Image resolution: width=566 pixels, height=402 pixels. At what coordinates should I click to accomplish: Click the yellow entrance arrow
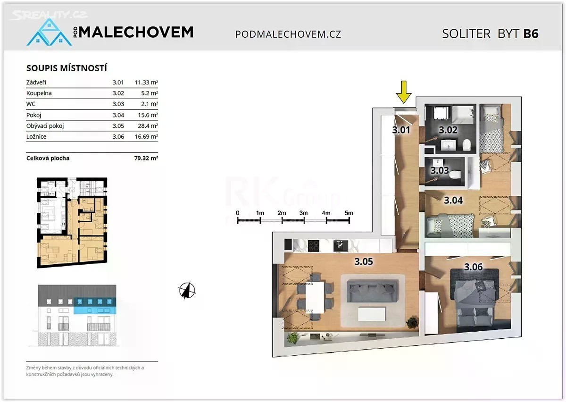tap(404, 92)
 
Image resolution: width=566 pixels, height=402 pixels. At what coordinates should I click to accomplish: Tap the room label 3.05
tap(364, 261)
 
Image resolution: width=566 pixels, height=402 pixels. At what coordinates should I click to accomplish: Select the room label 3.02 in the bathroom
tap(448, 130)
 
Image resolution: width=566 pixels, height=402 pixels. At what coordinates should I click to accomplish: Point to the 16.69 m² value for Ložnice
tap(146, 137)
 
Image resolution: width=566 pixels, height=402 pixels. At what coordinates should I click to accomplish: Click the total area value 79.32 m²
tap(146, 158)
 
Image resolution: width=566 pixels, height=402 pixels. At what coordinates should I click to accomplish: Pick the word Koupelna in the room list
tap(39, 93)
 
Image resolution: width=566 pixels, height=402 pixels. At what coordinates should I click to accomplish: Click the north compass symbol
tap(187, 290)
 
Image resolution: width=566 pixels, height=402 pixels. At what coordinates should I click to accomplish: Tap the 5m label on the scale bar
tap(349, 213)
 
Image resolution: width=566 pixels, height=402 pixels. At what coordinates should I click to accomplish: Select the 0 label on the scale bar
tap(238, 213)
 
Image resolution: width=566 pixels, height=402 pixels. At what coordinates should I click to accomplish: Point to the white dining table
tap(315, 298)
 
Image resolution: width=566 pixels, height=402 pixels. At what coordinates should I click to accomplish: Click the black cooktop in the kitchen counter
tap(314, 246)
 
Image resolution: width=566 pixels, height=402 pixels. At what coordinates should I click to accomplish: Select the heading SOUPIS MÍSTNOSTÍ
tap(67, 68)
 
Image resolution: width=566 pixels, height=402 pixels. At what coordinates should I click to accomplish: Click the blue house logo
tap(49, 32)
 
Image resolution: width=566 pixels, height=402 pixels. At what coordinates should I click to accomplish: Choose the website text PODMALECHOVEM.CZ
tap(288, 34)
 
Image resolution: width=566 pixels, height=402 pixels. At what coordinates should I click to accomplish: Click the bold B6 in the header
tap(531, 34)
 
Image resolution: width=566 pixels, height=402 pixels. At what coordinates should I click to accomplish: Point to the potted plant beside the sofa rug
tap(412, 323)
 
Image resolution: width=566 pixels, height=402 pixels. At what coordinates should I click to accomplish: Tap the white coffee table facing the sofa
tap(372, 314)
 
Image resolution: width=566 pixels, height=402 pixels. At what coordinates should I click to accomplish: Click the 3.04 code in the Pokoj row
tap(118, 115)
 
